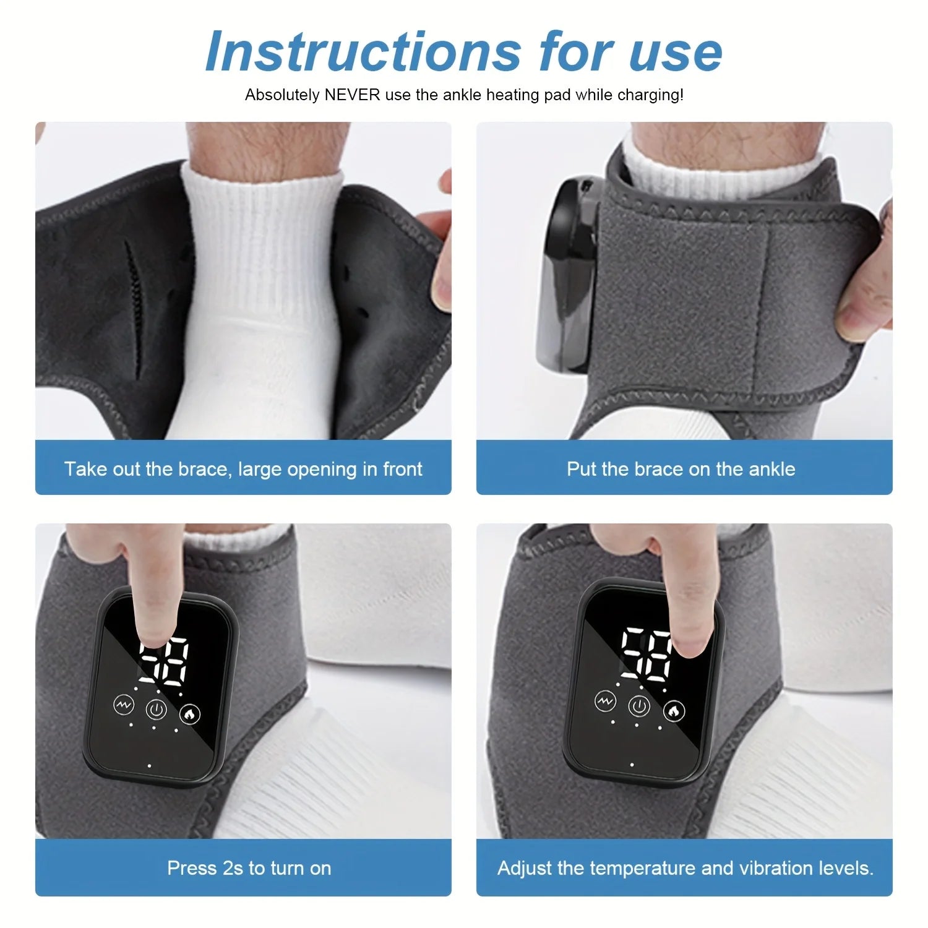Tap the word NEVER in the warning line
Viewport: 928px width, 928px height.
(353, 95)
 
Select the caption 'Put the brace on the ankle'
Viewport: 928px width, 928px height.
(681, 469)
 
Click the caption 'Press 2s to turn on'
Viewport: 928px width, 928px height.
(249, 868)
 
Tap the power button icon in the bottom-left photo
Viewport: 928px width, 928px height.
(157, 710)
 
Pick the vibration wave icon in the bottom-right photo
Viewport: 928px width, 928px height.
(605, 701)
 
